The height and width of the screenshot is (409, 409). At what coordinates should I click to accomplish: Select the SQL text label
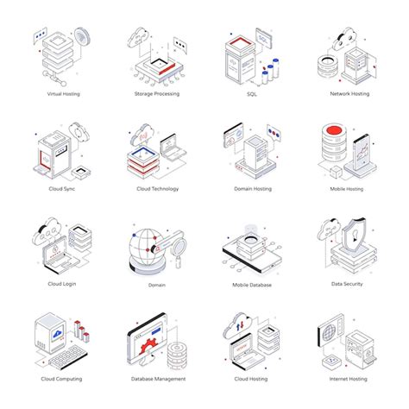253,93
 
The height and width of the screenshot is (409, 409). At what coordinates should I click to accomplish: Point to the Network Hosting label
349,93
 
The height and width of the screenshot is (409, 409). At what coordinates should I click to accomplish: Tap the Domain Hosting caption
253,188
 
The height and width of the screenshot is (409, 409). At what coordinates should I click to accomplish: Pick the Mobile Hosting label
347,188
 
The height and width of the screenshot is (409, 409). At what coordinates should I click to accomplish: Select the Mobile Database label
252,284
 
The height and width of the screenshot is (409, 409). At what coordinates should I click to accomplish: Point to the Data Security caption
347,283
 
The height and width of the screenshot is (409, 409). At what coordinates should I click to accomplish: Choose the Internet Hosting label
347,378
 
